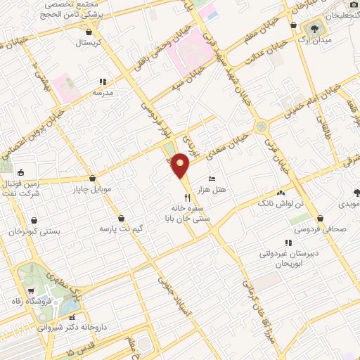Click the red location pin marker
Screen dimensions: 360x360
[181, 166]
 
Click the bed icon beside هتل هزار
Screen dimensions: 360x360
[213, 179]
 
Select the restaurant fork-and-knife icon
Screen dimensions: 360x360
[187, 197]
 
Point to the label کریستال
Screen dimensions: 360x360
[89, 41]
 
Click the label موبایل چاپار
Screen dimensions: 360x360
[87, 188]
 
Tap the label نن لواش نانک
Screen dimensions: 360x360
[281, 202]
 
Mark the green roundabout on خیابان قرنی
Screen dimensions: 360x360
[262, 127]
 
